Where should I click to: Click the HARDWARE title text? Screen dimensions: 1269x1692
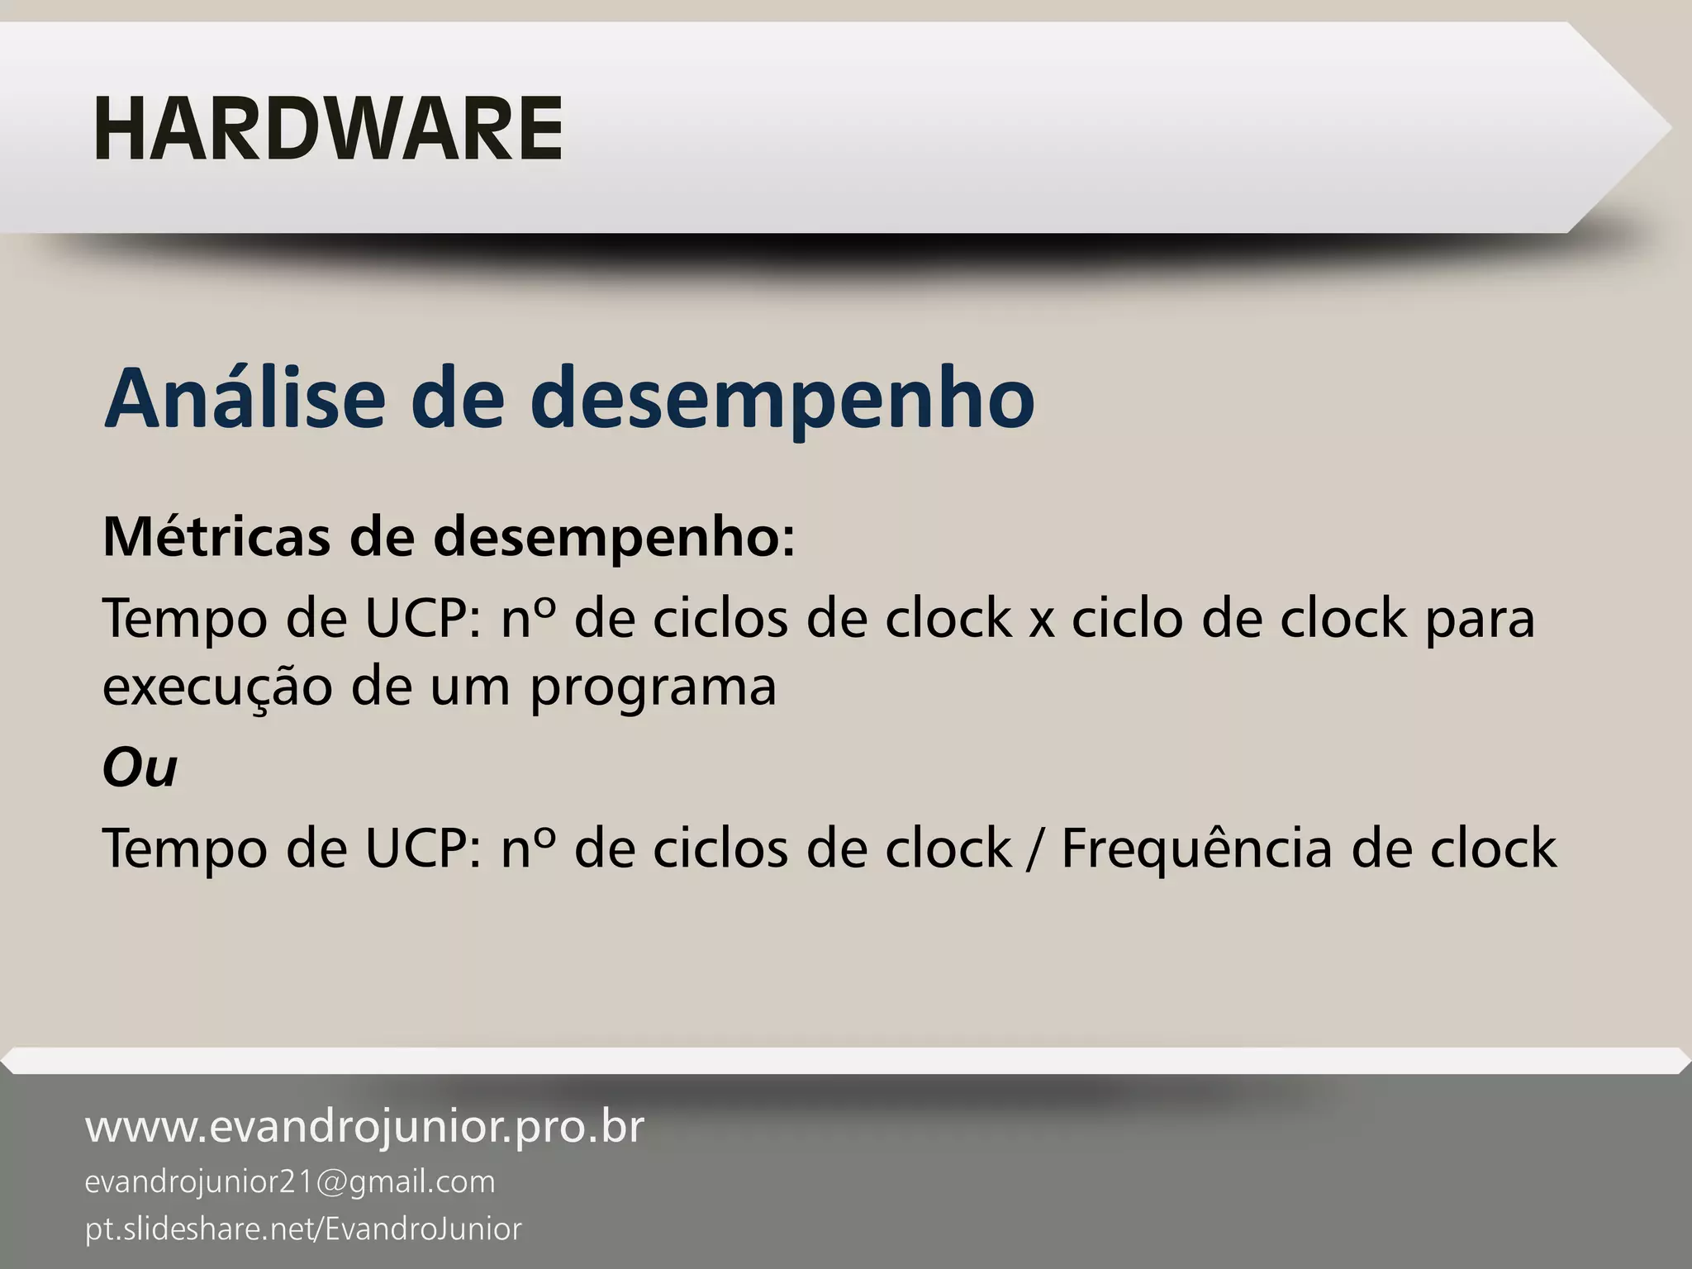pos(328,130)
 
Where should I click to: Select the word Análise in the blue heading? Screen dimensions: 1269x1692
pos(245,398)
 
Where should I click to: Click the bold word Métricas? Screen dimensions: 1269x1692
pos(216,536)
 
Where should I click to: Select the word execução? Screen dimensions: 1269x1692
pos(216,687)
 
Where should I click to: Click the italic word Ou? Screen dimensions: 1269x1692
pos(140,768)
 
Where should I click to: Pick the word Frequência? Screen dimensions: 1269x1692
pos(1195,848)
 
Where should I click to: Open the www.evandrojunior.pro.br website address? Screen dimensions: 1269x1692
pos(364,1127)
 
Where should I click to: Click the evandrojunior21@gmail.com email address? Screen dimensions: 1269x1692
pos(290,1182)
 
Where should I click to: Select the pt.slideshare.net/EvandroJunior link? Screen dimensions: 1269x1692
pos(303,1229)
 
